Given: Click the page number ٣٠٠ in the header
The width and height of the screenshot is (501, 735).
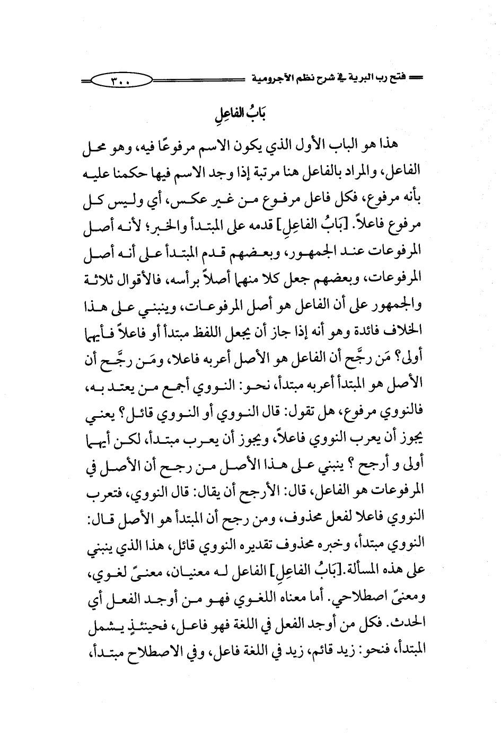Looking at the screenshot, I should [121, 82].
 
